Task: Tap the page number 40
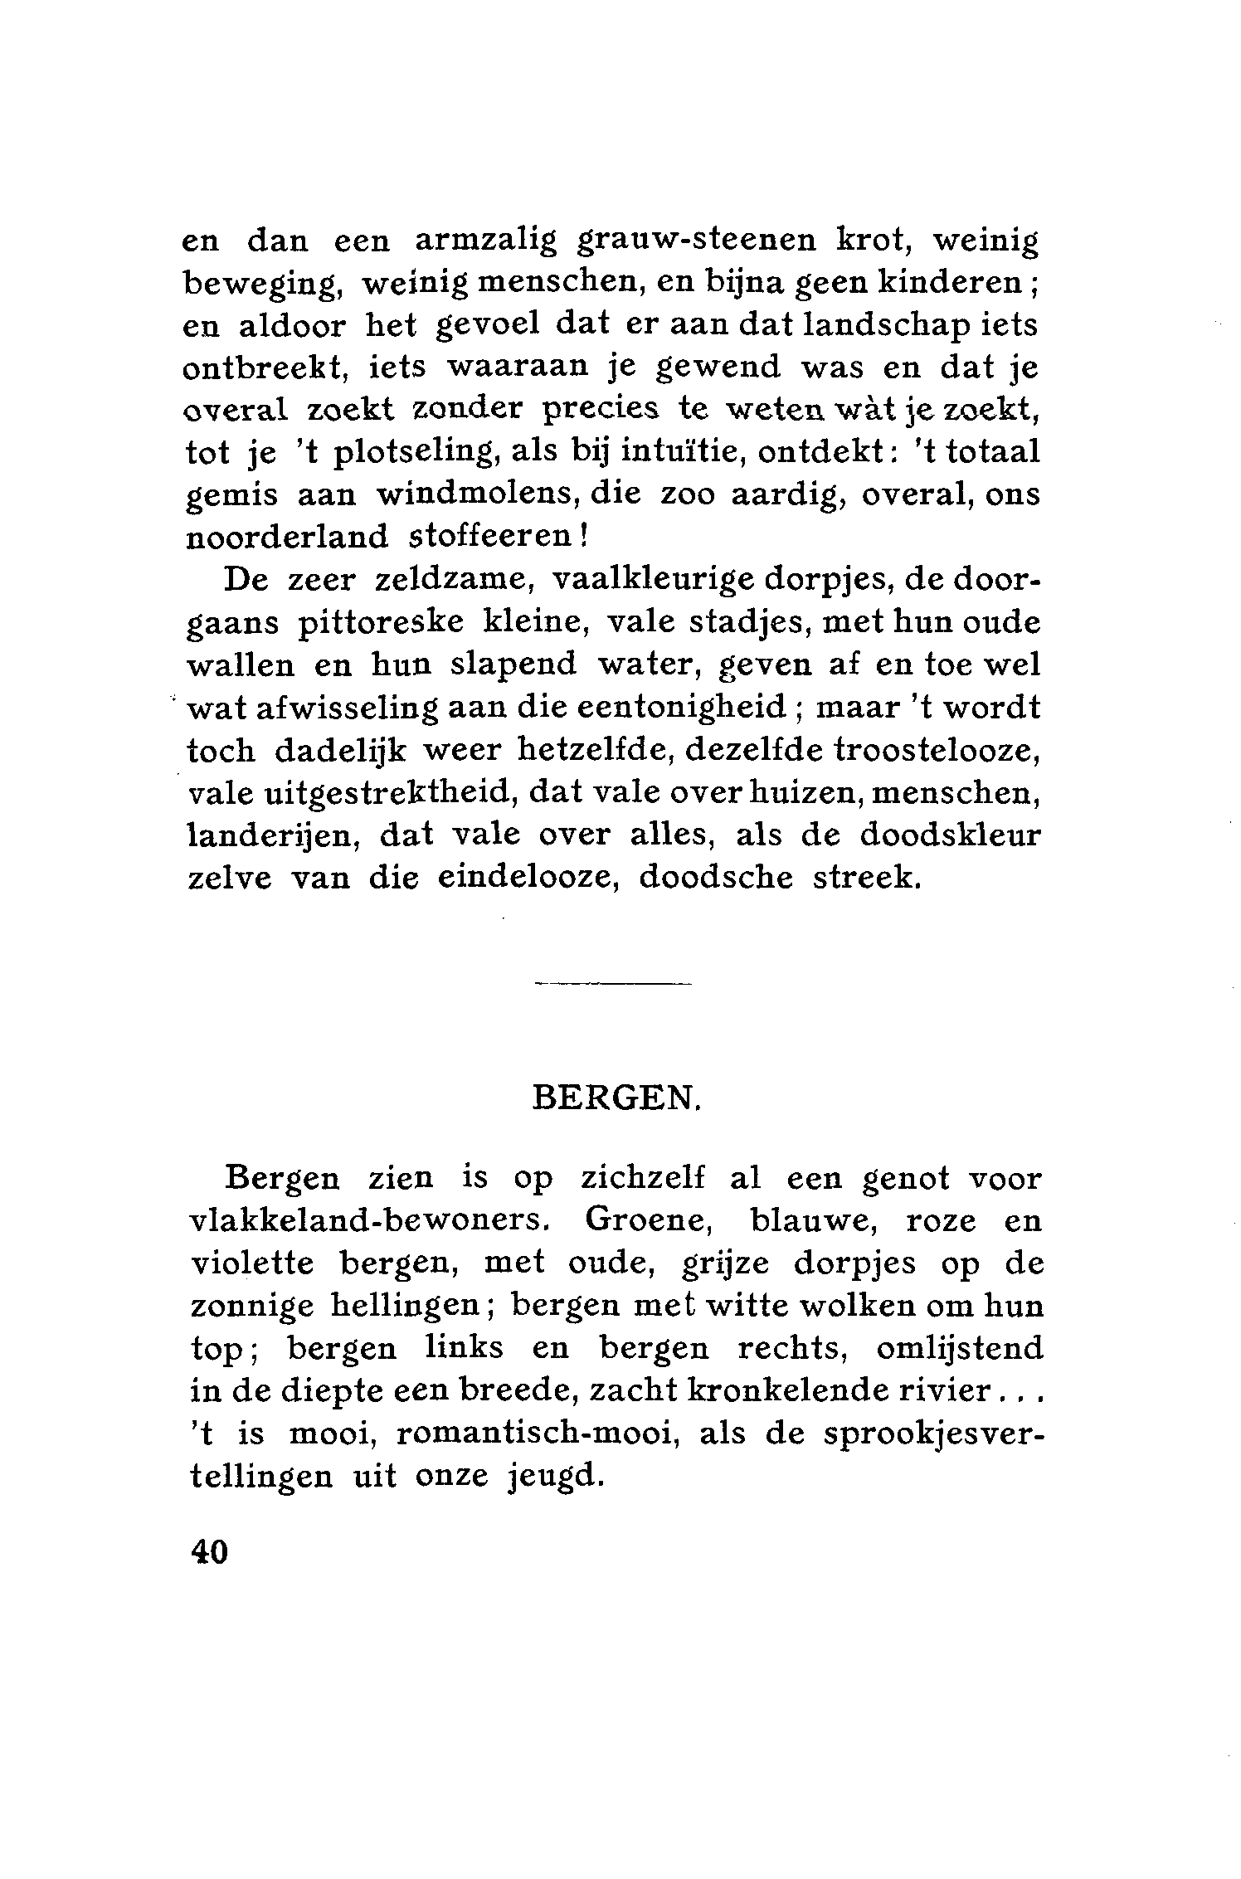click(208, 1550)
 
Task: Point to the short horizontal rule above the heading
click(613, 985)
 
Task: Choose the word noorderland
click(286, 538)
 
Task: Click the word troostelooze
click(937, 750)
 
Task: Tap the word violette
click(252, 1264)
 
